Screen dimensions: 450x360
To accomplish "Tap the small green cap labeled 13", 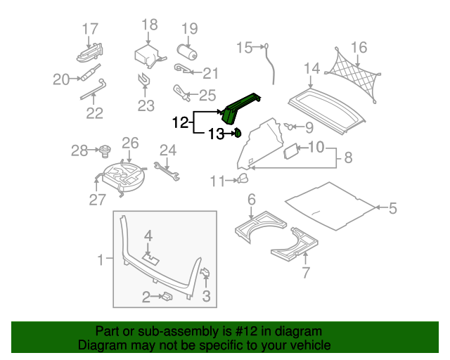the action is pyautogui.click(x=238, y=133).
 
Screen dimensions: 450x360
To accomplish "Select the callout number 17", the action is pyautogui.click(x=90, y=30).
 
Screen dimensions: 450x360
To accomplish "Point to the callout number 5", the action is pyautogui.click(x=392, y=208).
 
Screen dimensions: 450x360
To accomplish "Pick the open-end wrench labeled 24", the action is pyautogui.click(x=167, y=172).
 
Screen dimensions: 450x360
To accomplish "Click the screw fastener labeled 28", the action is pyautogui.click(x=105, y=151).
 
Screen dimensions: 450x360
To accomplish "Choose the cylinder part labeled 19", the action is pyautogui.click(x=186, y=51).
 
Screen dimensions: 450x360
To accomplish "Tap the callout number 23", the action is pyautogui.click(x=146, y=105).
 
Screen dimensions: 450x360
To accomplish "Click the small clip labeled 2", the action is pyautogui.click(x=167, y=296).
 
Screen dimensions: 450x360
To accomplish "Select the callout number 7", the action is pyautogui.click(x=306, y=272).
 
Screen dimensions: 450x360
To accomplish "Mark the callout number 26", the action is pyautogui.click(x=130, y=143).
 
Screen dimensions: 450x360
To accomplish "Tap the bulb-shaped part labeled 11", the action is pyautogui.click(x=243, y=179).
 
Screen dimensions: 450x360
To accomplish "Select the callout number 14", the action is pyautogui.click(x=311, y=69).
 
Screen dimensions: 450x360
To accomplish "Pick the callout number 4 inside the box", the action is pyautogui.click(x=148, y=236).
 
